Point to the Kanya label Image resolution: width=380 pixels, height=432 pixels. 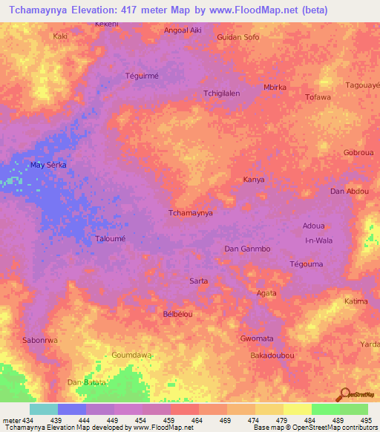click(x=254, y=180)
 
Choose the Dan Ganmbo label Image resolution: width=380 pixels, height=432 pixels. click(x=246, y=249)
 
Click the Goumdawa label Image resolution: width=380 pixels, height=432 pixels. click(x=131, y=356)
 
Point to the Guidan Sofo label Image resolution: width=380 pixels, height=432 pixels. click(x=237, y=36)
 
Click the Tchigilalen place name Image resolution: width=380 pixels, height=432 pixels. click(x=221, y=94)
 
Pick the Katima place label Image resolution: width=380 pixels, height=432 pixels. click(x=356, y=301)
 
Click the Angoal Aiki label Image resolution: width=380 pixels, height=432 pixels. click(x=182, y=31)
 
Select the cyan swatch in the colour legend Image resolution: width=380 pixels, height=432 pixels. click(x=43, y=409)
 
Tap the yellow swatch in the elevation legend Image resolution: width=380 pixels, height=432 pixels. click(x=297, y=409)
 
